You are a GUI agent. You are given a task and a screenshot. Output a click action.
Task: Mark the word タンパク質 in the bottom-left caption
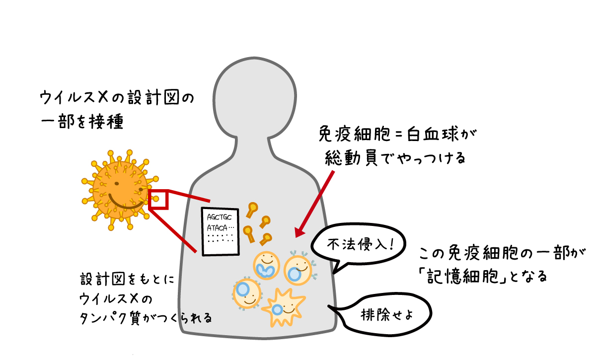pyautogui.click(x=110, y=318)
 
